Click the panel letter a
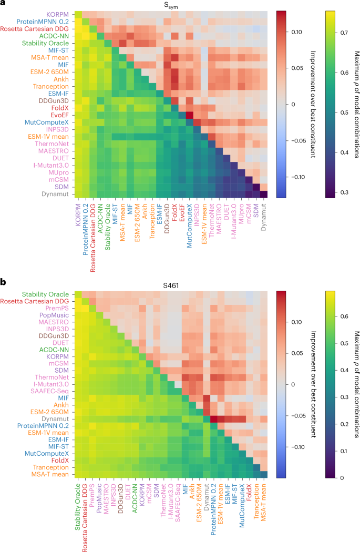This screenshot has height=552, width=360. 4,4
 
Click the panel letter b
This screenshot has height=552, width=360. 4,282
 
